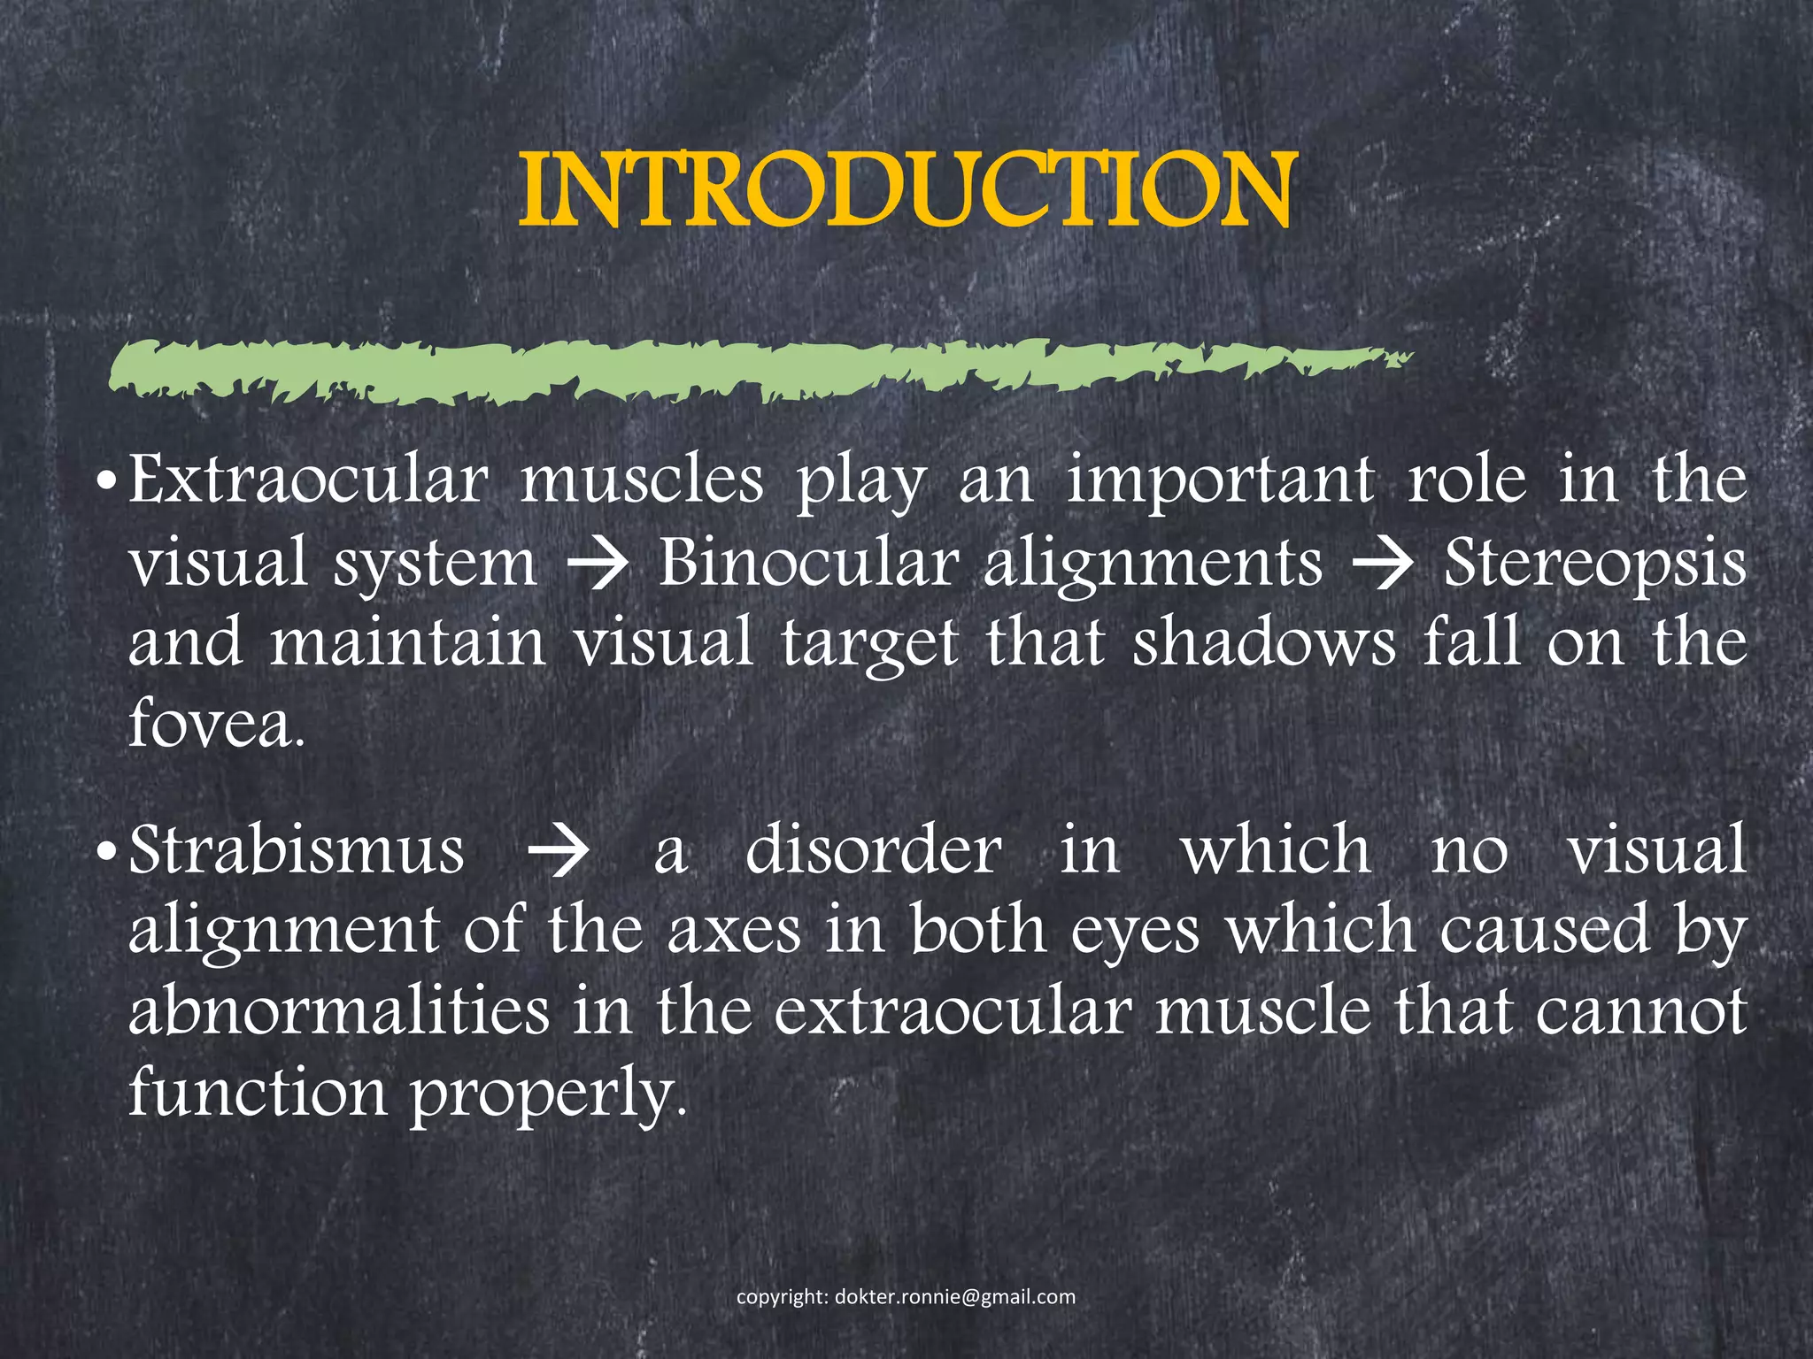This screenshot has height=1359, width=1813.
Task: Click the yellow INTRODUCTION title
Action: click(906, 190)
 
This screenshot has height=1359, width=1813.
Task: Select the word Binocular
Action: click(808, 563)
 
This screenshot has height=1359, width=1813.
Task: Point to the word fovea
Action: click(217, 724)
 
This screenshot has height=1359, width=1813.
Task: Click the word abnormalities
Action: click(339, 1011)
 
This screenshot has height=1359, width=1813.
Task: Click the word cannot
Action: click(1641, 1011)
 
